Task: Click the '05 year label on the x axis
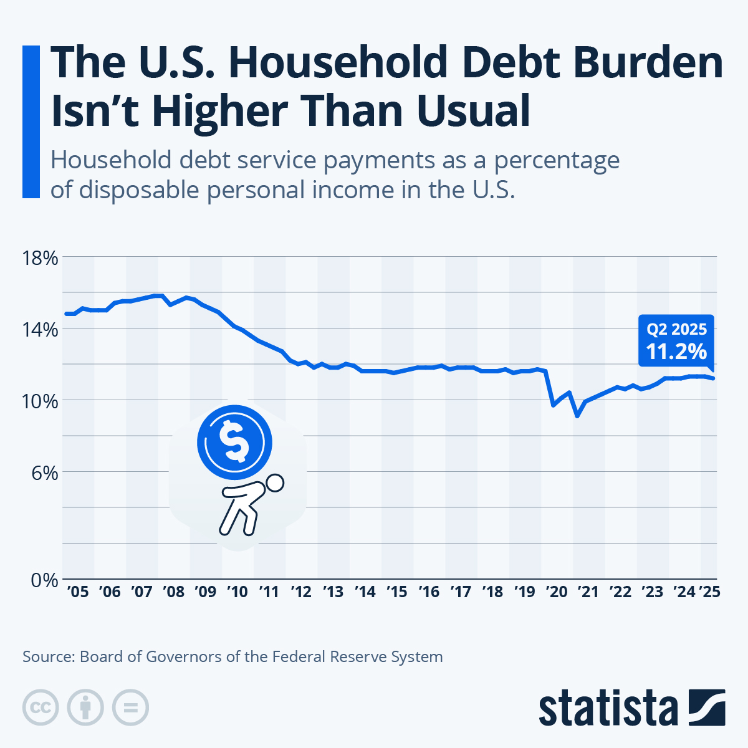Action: point(77,592)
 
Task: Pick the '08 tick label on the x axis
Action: point(173,592)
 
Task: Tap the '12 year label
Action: point(301,592)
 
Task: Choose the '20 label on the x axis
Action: point(557,592)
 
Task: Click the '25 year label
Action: point(709,592)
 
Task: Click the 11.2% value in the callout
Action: point(676,352)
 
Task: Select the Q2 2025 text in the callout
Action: point(676,329)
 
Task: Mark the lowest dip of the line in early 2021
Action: point(578,415)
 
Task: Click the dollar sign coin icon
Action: point(234,442)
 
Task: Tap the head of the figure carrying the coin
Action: point(274,483)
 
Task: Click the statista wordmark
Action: point(608,708)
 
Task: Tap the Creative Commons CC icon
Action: point(41,707)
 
